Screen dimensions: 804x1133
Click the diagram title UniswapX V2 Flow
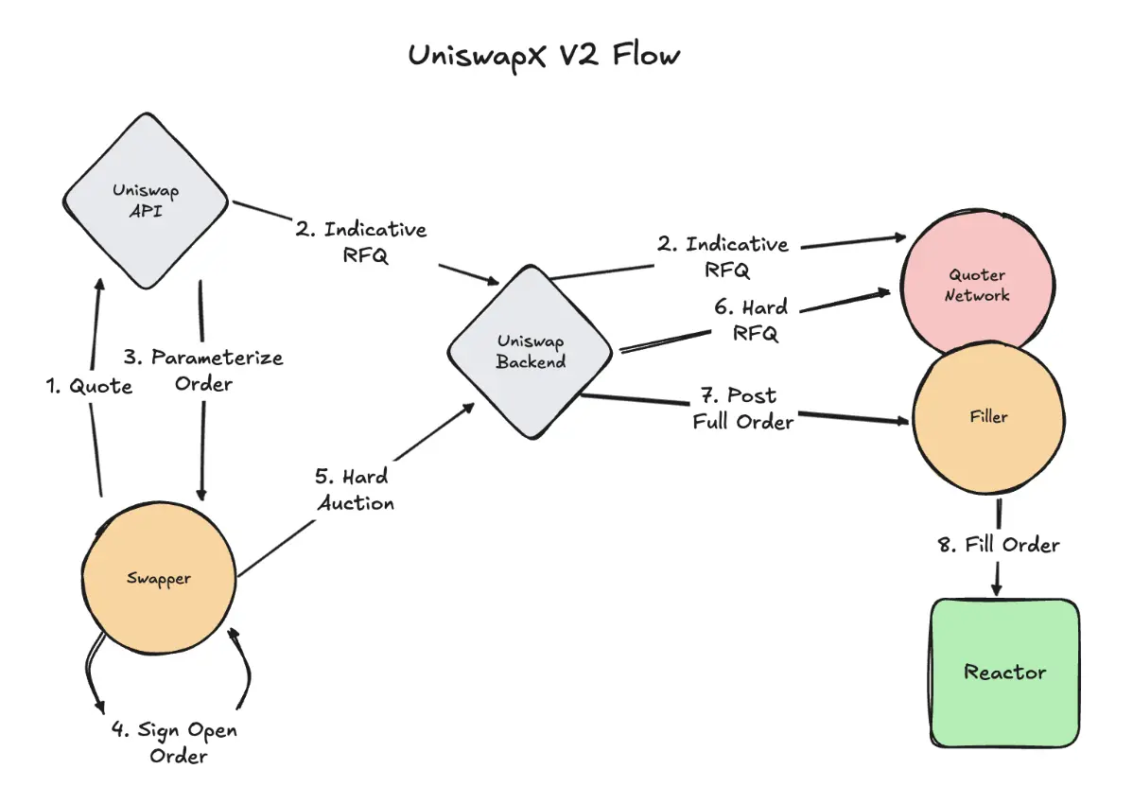point(544,55)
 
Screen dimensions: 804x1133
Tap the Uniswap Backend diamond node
point(531,351)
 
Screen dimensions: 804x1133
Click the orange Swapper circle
point(159,578)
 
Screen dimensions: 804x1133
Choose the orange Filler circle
point(987,415)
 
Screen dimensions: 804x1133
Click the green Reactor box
point(1004,673)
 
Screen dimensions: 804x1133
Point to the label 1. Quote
point(90,386)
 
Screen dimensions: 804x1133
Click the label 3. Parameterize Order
point(203,371)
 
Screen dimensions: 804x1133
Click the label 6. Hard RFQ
point(753,321)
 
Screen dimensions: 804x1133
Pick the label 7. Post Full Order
point(742,409)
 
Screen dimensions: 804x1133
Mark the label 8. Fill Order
point(999,545)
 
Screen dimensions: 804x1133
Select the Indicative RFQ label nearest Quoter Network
point(723,256)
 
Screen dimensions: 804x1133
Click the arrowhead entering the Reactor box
point(996,589)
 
